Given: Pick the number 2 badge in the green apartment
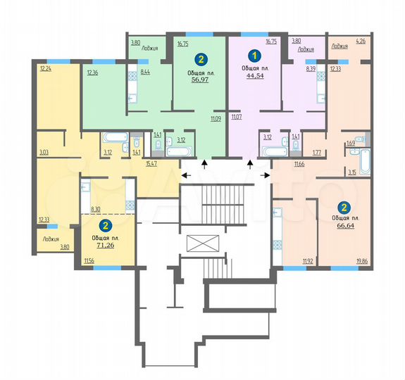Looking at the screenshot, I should (201, 59).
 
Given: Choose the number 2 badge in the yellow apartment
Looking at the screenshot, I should (106, 225).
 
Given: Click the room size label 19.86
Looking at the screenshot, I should (362, 262).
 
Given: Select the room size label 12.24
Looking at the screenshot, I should (46, 68).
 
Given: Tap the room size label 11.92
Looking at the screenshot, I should (308, 262).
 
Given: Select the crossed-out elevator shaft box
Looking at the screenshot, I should (201, 244).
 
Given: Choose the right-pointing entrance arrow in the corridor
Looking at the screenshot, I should (266, 175).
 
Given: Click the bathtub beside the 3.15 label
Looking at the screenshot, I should (364, 160).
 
